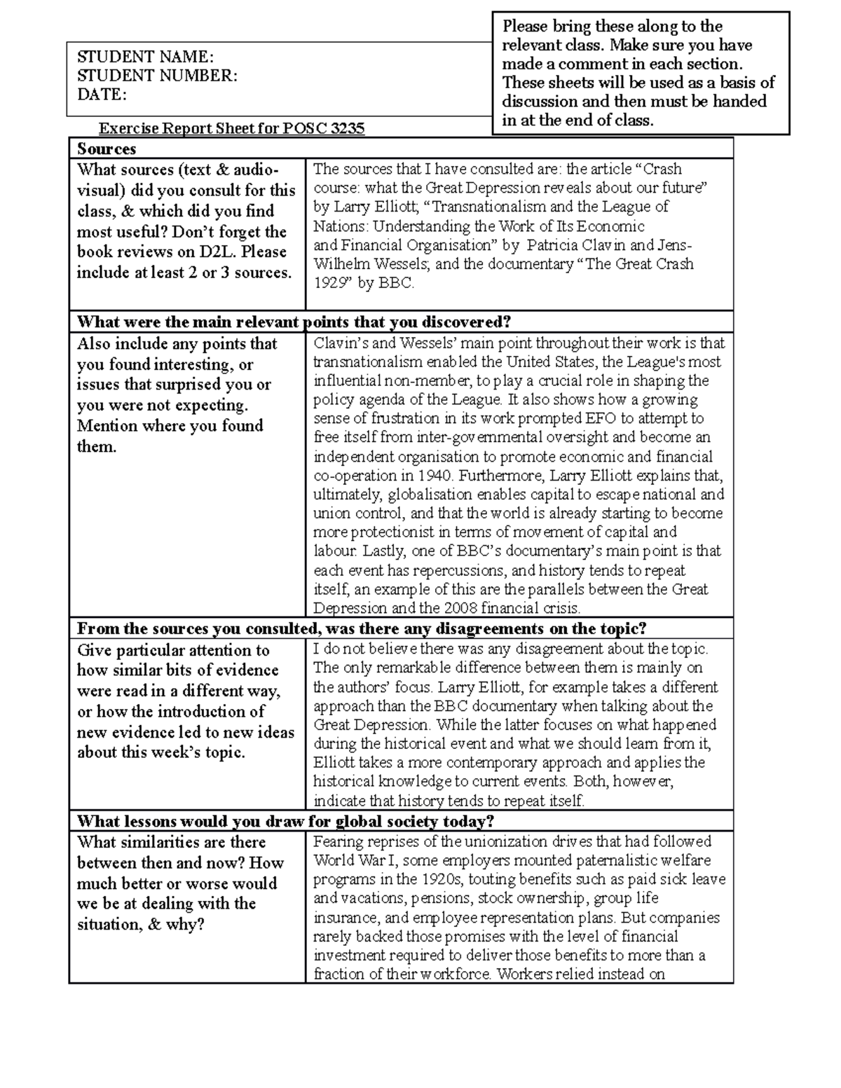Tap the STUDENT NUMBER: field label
pos(157,76)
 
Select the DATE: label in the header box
pos(102,95)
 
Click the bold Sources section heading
pos(107,149)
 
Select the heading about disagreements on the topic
pos(361,628)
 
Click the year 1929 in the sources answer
pos(328,284)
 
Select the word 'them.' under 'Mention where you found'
pos(96,446)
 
